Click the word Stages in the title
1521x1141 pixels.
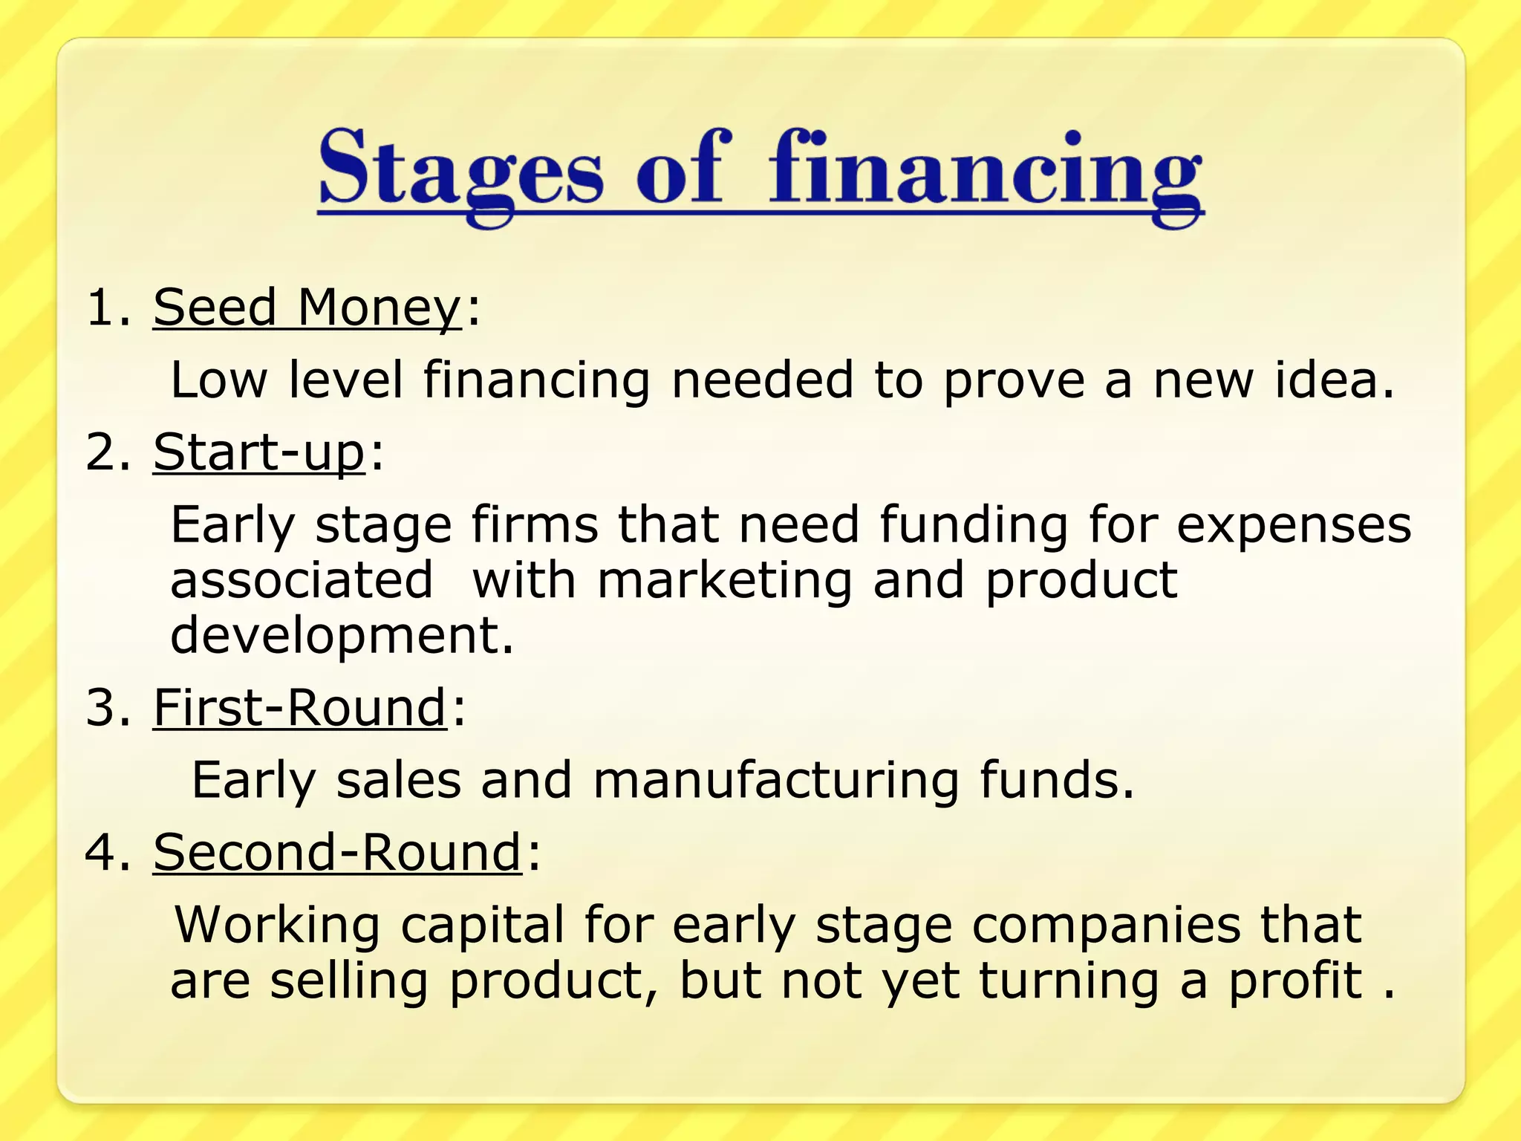[x=460, y=169]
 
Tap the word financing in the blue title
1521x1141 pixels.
[x=985, y=169]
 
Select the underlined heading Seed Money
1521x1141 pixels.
[x=307, y=308]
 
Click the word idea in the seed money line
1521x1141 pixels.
[x=1334, y=380]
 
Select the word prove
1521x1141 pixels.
[x=1014, y=381]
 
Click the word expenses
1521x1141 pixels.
[x=1294, y=526]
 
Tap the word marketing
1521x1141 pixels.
[x=725, y=581]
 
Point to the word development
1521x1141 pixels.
[x=342, y=636]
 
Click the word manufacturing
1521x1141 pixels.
[x=776, y=781]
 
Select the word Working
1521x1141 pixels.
[x=276, y=926]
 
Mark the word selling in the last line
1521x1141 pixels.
[x=349, y=982]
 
